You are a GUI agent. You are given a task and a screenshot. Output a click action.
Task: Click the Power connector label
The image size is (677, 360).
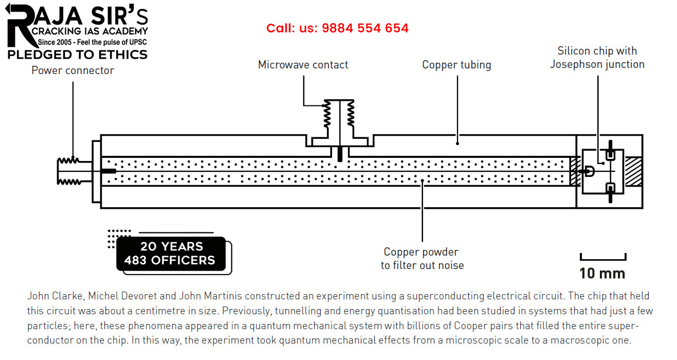[x=72, y=70]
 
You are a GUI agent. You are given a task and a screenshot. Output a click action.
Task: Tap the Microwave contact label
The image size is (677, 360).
[x=303, y=65]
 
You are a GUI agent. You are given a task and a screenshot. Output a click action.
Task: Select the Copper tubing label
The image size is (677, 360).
[x=456, y=65]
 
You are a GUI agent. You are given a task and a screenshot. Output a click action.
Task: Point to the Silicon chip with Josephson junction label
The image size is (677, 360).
[x=597, y=58]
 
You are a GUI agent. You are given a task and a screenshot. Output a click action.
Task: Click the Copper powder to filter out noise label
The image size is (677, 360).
[x=422, y=259]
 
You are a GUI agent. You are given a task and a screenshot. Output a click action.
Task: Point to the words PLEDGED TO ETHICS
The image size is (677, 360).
[x=77, y=55]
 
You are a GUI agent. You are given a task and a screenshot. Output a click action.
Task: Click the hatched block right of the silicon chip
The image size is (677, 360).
[x=633, y=171]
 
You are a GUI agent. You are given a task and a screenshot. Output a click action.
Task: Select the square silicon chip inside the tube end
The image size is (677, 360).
[x=603, y=171]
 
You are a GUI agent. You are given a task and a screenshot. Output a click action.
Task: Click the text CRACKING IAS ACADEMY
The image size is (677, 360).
[x=89, y=32]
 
